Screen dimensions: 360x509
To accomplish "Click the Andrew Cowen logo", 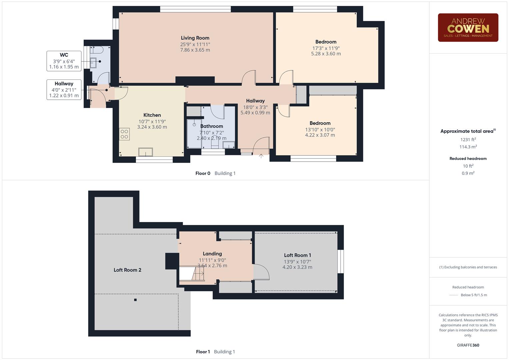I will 468,28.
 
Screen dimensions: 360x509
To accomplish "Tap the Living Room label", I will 195,38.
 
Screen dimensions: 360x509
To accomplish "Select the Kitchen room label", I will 152,115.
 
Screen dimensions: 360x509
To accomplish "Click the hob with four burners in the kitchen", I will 124,134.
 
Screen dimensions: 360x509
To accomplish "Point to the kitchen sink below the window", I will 146,152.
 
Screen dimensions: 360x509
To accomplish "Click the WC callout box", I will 64,61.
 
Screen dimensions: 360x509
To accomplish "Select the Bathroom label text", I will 211,126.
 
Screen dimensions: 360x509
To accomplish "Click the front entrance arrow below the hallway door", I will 261,156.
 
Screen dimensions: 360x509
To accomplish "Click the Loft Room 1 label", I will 297,255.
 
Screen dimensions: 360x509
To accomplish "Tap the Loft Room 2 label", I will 127,270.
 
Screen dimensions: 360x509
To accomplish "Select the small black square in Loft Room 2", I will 135,300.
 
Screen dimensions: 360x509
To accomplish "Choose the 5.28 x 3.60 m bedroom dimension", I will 326,54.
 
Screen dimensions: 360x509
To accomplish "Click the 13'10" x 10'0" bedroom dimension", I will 320,130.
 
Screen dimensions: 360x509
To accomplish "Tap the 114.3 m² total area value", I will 468,147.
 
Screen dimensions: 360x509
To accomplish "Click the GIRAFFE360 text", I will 468,345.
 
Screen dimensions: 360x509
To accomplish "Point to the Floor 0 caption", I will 203,173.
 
